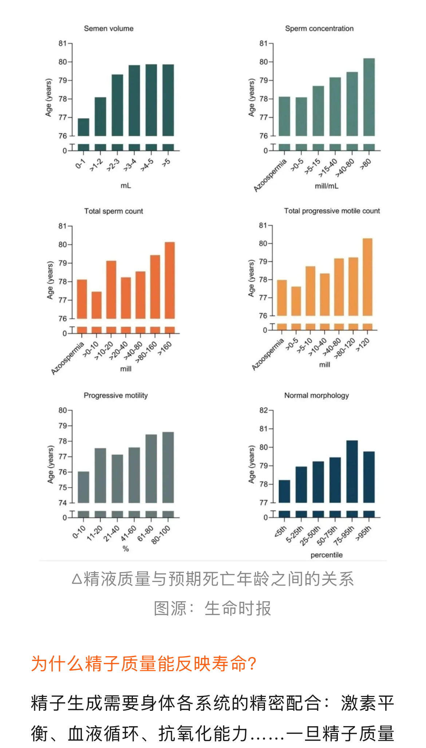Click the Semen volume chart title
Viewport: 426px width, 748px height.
point(109,28)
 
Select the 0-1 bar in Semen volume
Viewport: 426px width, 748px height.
point(83,127)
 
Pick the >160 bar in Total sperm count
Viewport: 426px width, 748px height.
point(170,280)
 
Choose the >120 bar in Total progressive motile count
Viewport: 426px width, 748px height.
point(367,277)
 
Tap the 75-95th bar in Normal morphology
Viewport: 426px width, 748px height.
point(352,471)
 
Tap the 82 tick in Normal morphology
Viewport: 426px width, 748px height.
point(264,410)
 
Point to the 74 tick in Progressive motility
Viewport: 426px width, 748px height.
point(63,503)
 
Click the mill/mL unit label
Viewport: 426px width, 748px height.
point(327,186)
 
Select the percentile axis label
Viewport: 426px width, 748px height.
point(327,555)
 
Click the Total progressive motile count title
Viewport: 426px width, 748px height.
point(332,211)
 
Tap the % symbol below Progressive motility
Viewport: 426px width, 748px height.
point(126,549)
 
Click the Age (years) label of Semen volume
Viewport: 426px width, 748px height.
point(48,98)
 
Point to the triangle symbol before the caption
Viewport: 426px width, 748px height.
point(76,579)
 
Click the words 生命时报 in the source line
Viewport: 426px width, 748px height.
point(238,609)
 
